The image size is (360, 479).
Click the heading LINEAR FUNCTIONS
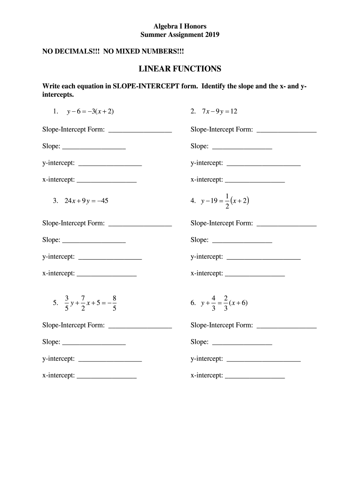[180, 69]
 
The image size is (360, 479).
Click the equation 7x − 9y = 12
[220, 111]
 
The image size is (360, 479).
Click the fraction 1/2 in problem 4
[227, 201]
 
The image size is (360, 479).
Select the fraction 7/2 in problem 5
[82, 303]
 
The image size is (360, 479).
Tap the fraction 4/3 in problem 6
[213, 303]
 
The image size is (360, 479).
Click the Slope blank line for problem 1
[94, 148]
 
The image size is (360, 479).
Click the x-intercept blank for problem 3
[107, 276]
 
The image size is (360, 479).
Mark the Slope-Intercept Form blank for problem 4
[287, 225]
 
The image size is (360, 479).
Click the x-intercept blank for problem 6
[255, 377]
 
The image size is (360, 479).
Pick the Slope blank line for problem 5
[94, 344]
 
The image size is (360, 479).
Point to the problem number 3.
[55, 201]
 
